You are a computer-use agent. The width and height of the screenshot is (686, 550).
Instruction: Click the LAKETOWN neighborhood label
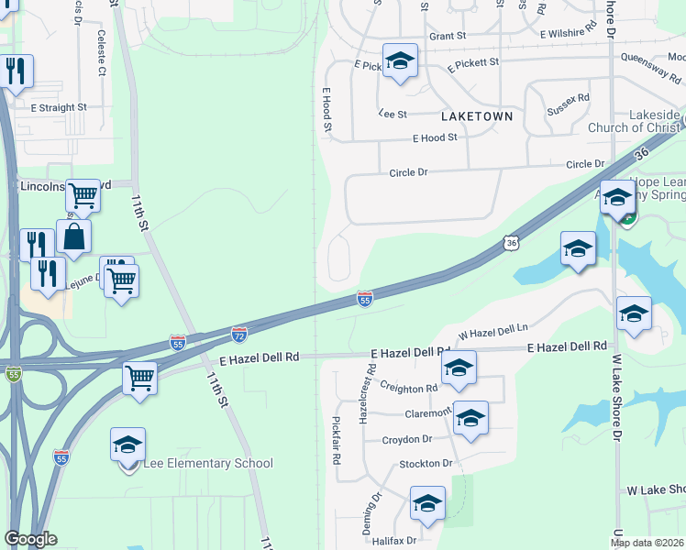tap(476, 118)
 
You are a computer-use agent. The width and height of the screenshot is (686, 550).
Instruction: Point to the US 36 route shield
tap(512, 242)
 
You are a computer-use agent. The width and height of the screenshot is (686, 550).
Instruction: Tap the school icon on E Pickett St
tap(400, 62)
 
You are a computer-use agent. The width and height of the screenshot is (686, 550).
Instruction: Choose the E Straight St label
tap(58, 107)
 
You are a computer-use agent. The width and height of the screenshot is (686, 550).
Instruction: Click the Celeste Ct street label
tap(101, 59)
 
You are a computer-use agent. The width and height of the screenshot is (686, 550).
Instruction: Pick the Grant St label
tap(448, 37)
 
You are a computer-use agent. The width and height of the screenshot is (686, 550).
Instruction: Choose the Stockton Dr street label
tap(426, 464)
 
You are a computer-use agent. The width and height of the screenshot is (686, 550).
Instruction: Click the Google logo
tap(30, 539)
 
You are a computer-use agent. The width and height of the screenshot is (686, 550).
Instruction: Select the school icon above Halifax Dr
tap(427, 504)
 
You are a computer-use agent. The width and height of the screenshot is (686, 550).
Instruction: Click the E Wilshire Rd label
tap(571, 33)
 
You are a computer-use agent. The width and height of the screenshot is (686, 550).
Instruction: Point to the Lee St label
tap(393, 114)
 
